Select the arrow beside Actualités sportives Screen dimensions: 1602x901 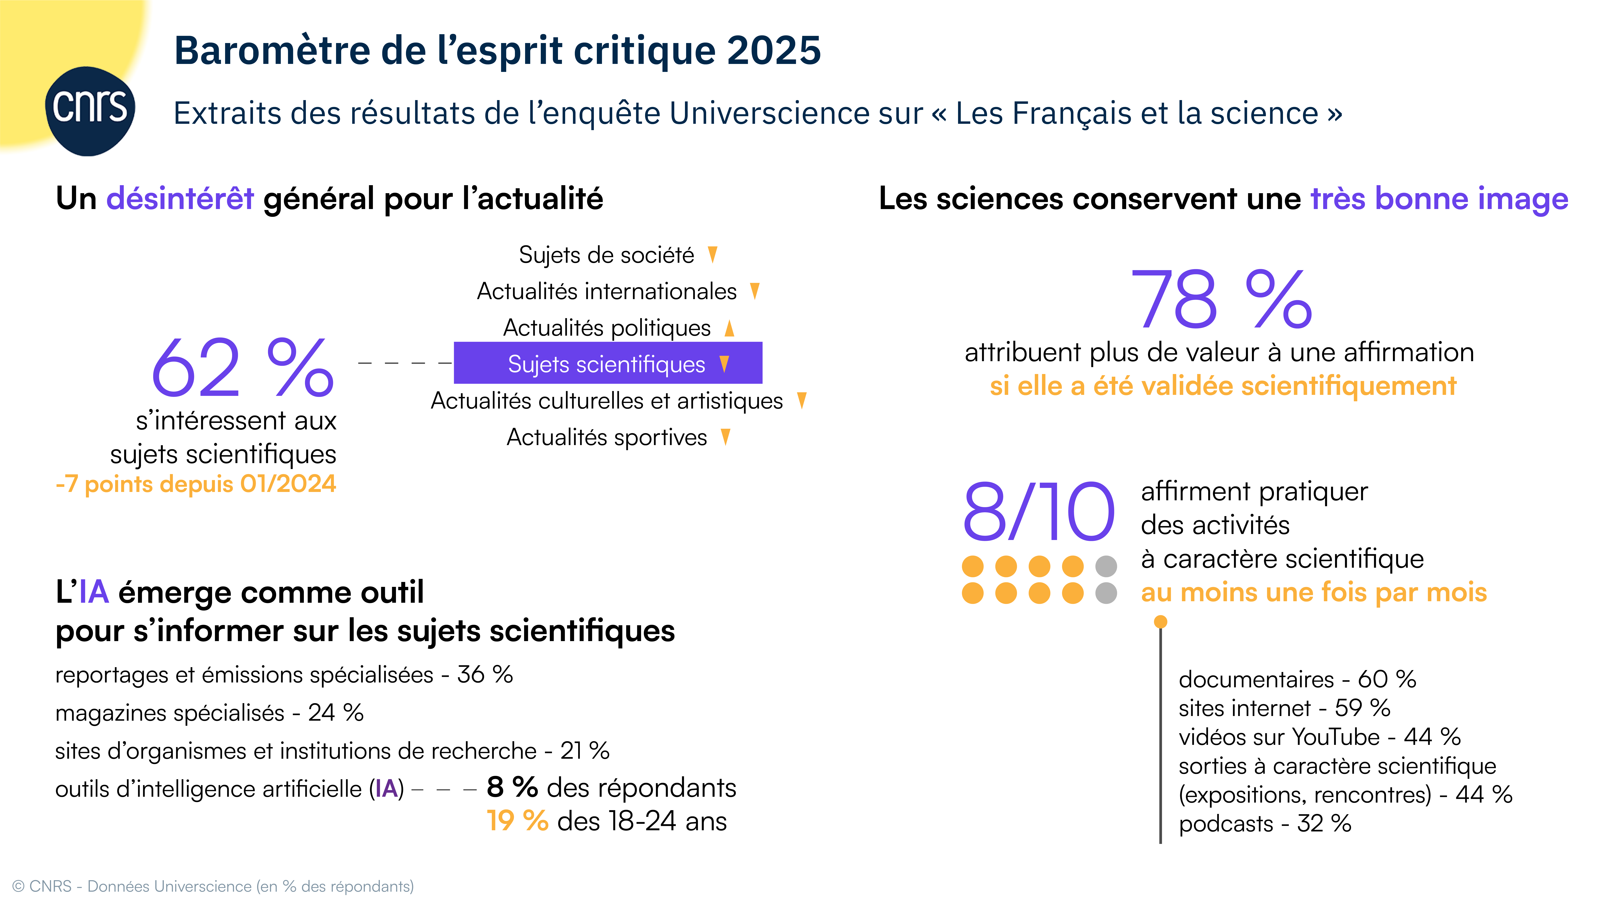tap(725, 437)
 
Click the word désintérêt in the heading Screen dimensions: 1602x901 tap(180, 199)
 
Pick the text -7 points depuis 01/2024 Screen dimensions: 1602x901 tap(196, 484)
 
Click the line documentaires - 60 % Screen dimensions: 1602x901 tap(1297, 679)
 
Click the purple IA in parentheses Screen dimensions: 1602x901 tap(386, 789)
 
